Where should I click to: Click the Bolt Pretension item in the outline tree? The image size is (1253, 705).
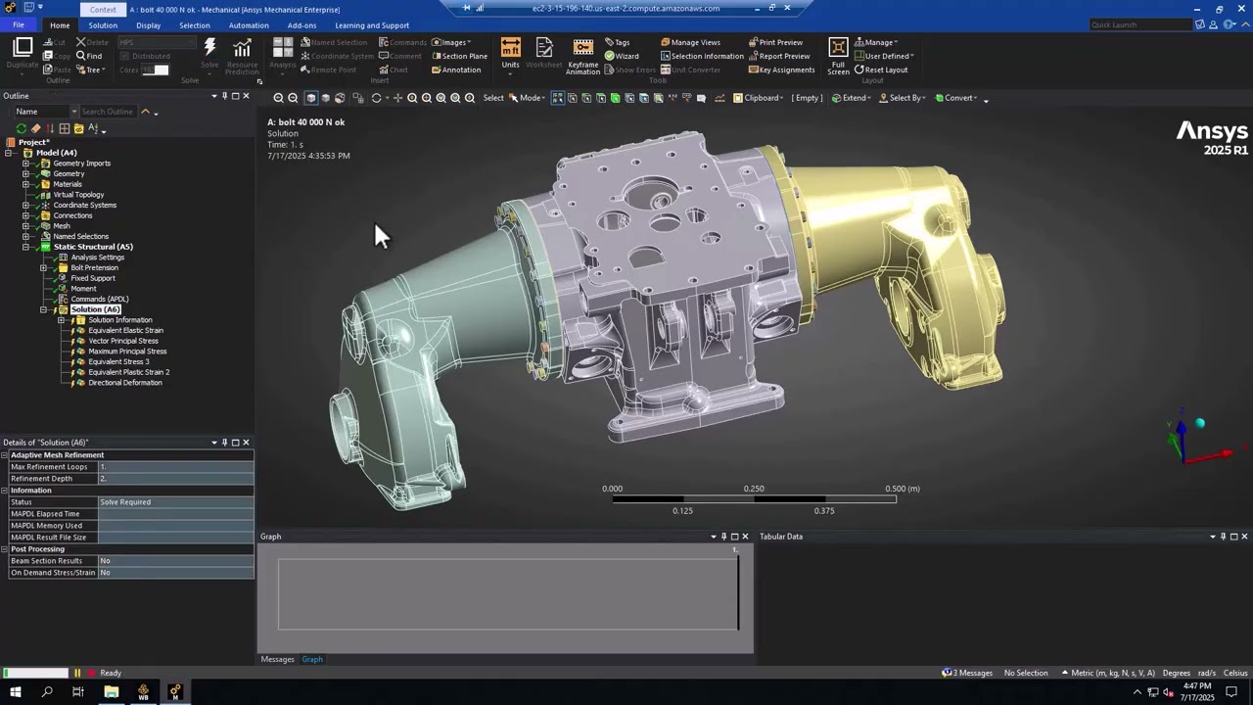coord(94,267)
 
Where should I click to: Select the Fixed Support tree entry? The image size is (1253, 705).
coord(92,278)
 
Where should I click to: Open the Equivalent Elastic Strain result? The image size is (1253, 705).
coord(125,330)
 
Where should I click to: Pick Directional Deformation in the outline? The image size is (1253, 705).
coord(124,383)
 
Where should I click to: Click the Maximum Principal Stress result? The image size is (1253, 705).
coord(127,352)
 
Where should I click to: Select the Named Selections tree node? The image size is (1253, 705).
coord(80,236)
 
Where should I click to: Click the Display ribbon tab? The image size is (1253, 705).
coord(148,25)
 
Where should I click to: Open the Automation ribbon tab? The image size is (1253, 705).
coord(248,25)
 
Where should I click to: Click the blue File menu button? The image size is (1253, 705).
coord(19,25)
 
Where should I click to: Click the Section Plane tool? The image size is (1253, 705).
coord(459,56)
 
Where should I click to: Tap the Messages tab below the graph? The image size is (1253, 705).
coord(277,659)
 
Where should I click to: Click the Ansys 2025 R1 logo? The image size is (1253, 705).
coord(1211,138)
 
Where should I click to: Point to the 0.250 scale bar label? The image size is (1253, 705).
coord(754,489)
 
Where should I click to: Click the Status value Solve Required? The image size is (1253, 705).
coord(125,502)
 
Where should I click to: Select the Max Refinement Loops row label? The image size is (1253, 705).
coord(49,467)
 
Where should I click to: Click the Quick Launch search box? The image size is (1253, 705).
coord(1139,24)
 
